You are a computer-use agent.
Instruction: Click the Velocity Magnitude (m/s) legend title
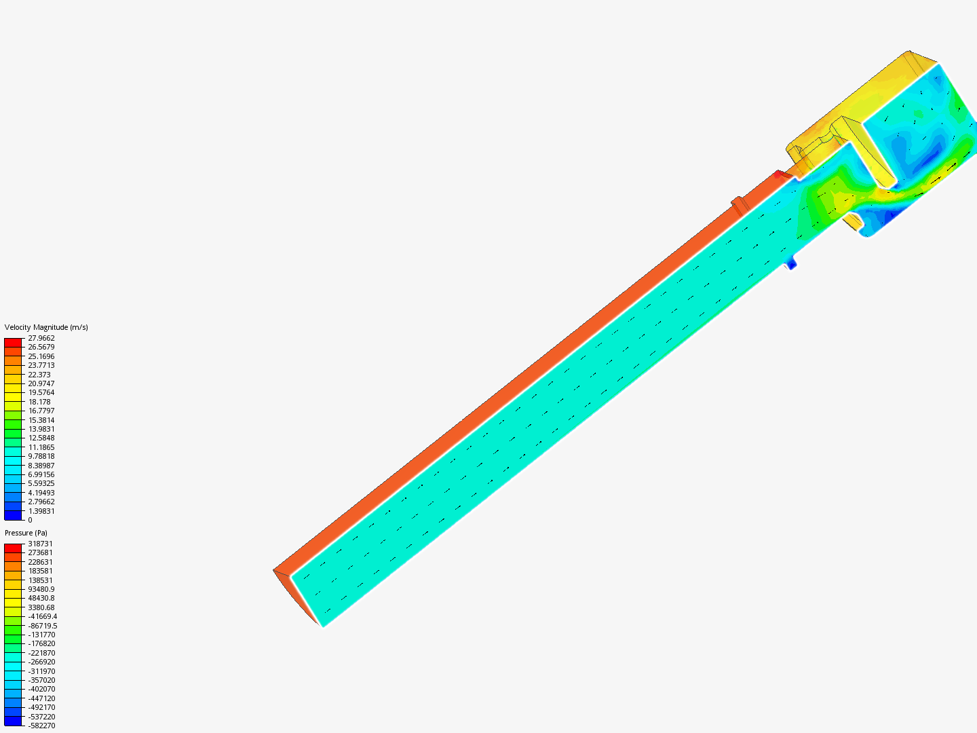46,327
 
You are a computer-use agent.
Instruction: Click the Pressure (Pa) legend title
26,533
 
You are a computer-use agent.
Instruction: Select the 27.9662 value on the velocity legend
41,338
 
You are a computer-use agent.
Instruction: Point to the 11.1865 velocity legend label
41,447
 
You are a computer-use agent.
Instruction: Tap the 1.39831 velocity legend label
41,511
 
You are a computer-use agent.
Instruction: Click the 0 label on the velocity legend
30,520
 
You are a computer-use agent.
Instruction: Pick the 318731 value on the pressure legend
40,544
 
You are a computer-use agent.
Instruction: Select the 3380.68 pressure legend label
41,607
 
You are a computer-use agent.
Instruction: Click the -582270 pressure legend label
41,726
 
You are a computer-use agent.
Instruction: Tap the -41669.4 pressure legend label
42,616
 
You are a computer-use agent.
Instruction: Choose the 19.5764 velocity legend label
41,392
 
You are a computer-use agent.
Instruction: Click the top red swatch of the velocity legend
13,342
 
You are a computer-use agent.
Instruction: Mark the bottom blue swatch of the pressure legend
13,721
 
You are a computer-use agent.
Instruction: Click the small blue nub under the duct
791,263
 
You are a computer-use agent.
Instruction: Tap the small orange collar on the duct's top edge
738,203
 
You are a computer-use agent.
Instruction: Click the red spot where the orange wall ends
778,174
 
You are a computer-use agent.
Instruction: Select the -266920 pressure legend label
41,662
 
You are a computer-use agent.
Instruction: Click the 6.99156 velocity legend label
41,474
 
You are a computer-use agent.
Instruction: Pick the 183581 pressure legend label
40,571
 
